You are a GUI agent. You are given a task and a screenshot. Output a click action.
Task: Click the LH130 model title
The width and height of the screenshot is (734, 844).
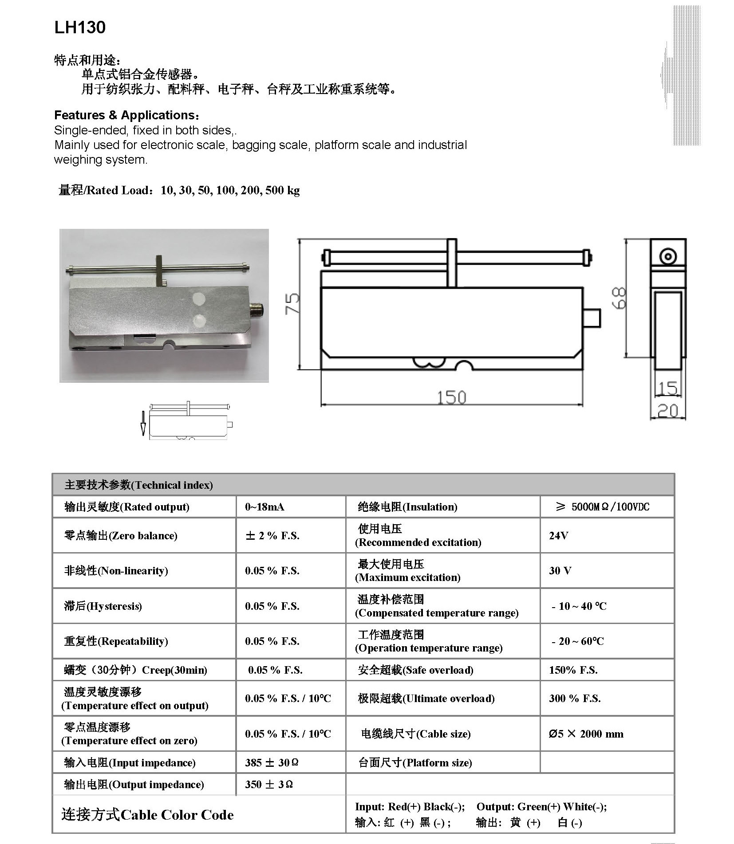tap(80, 27)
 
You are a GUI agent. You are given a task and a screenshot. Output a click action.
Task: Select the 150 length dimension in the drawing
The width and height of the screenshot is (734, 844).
tap(451, 397)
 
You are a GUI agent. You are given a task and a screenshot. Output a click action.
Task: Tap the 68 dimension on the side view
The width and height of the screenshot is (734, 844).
tap(620, 298)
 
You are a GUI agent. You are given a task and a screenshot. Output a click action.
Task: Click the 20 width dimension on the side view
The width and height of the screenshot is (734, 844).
tap(667, 411)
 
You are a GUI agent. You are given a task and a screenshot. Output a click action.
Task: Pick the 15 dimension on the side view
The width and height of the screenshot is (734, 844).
tap(667, 388)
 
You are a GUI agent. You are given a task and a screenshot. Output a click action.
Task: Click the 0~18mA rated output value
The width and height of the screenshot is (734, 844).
tap(264, 506)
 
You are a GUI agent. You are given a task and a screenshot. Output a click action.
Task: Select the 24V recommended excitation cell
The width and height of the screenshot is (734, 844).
tap(558, 535)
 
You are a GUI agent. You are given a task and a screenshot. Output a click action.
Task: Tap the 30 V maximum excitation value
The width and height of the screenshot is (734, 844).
tap(560, 570)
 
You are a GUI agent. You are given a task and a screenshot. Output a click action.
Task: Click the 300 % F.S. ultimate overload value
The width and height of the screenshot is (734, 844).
tap(575, 698)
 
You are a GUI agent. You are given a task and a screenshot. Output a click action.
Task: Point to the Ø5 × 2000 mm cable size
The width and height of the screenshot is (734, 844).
tap(586, 734)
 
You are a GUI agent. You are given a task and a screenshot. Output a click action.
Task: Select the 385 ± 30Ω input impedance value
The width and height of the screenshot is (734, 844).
tap(271, 762)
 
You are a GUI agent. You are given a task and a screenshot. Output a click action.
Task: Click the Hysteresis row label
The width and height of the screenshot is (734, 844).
tap(103, 606)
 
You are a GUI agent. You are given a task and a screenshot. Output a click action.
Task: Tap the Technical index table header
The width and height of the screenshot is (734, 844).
tap(139, 485)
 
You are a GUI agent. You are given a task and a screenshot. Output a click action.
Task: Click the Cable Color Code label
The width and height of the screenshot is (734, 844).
tap(147, 815)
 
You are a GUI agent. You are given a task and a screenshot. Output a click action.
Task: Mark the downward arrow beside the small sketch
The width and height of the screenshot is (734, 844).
tap(143, 423)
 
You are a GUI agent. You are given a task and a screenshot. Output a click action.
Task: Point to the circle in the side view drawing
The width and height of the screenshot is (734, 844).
tap(667, 257)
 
